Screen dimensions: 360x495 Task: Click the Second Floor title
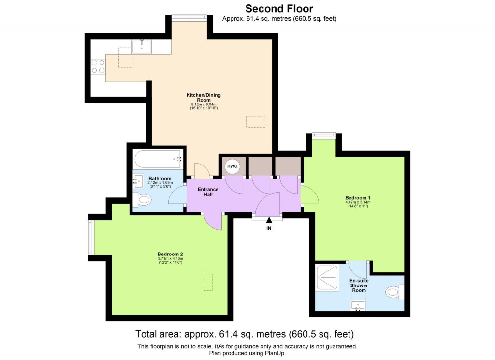pos(279,8)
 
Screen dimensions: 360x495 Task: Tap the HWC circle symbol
pos(232,167)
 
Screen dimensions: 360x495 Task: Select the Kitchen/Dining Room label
pos(204,98)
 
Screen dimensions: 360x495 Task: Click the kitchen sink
pos(142,46)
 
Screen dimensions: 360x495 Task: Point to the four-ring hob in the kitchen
pos(99,66)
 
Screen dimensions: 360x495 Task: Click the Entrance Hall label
pos(208,192)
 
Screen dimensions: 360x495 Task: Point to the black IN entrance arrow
pos(269,221)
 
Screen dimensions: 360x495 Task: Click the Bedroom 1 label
pos(358,198)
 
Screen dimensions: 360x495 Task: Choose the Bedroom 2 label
pos(170,254)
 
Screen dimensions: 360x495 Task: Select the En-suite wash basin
pos(358,305)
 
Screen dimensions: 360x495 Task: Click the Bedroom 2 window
pos(89,237)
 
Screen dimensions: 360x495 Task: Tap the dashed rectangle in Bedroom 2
pos(208,282)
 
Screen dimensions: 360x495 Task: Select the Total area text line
pos(245,334)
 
